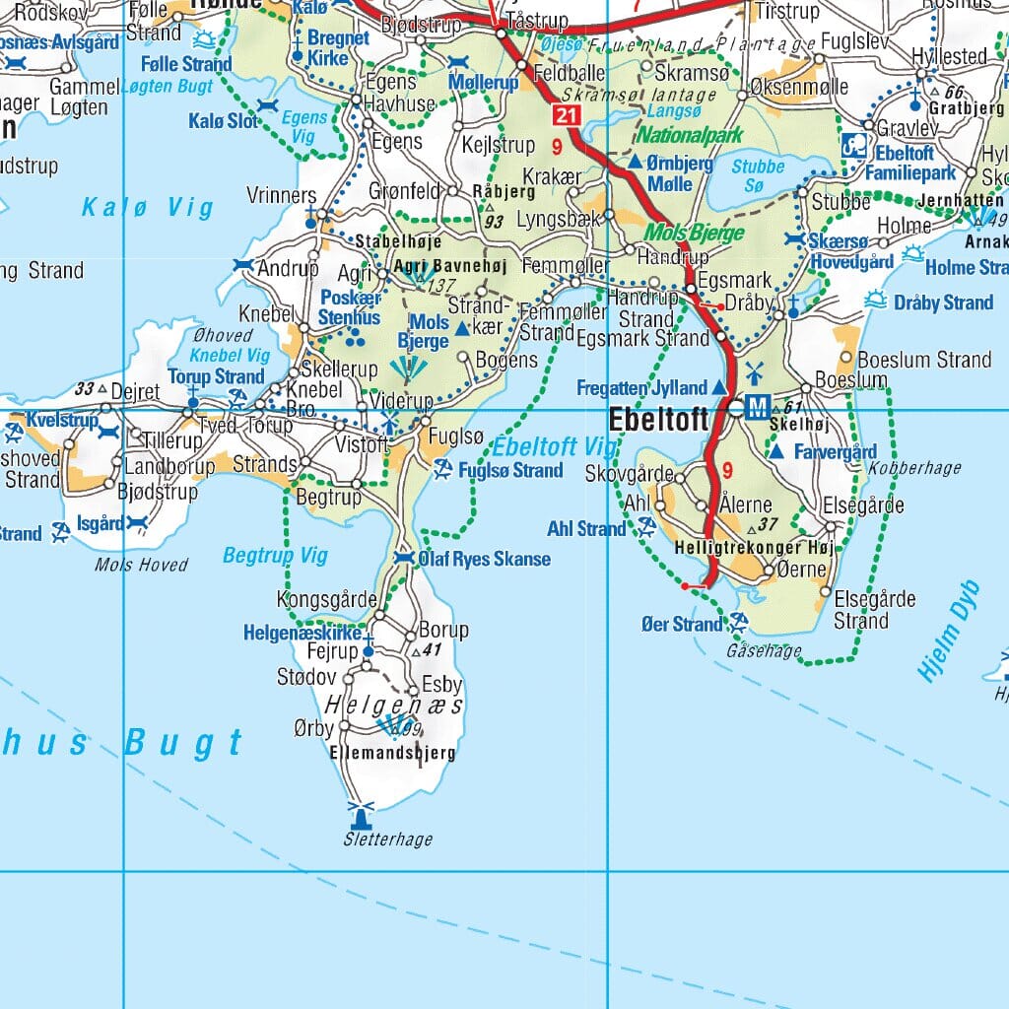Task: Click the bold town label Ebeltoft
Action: pos(657,419)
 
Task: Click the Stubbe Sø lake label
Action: pos(759,175)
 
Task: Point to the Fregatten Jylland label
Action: pos(642,388)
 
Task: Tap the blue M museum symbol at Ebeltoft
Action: pos(758,407)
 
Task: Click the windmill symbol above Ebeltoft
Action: pos(755,372)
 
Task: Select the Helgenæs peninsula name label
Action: pos(393,706)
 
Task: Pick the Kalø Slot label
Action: pos(224,122)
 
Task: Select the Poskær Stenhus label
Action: pos(349,308)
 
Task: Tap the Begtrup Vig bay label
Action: pos(275,556)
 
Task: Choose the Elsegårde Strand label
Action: pos(860,609)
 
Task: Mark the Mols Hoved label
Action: pos(141,565)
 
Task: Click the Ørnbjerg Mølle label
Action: pos(680,173)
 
